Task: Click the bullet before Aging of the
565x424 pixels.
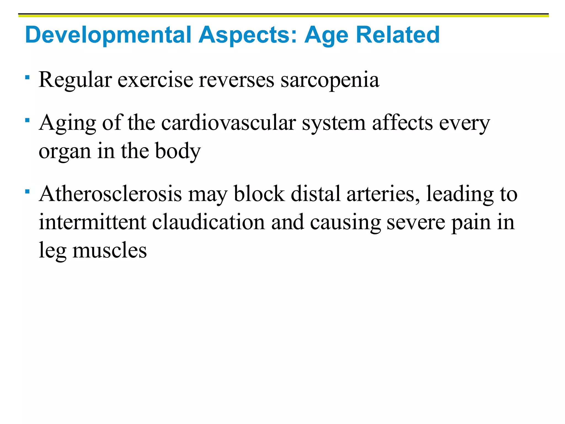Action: [x=27, y=120]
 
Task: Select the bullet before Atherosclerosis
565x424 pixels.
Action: [x=27, y=191]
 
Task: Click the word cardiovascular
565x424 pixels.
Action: [x=228, y=123]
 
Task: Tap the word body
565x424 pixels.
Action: [x=178, y=151]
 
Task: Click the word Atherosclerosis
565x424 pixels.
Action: [x=110, y=194]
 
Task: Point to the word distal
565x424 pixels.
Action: [x=316, y=194]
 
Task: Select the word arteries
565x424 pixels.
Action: [x=383, y=194]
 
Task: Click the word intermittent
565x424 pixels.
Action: [x=92, y=222]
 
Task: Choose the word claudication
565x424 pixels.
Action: [x=208, y=222]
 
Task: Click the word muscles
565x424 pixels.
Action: [x=110, y=250]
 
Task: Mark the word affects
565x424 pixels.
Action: [x=403, y=123]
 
